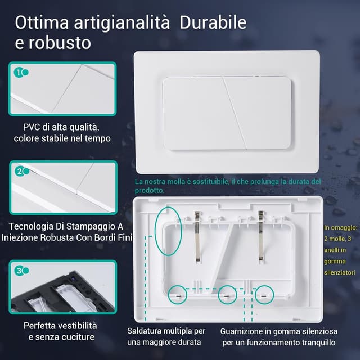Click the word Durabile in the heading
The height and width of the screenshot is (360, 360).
213,22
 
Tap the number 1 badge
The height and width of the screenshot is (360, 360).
19,73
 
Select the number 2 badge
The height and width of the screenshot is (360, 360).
20,172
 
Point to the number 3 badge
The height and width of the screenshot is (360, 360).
19,271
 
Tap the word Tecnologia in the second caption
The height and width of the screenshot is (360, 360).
31,227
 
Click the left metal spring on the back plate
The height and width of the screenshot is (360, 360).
197,237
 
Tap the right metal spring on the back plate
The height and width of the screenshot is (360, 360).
261,236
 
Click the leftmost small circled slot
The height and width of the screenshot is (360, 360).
178,295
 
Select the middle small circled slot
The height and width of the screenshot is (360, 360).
227,295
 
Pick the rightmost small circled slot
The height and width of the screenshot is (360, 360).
264,295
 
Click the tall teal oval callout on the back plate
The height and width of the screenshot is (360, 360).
155,231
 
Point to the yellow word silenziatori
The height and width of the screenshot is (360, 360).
340,272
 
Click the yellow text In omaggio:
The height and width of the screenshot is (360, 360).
341,227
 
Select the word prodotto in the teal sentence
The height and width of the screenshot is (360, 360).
150,190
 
